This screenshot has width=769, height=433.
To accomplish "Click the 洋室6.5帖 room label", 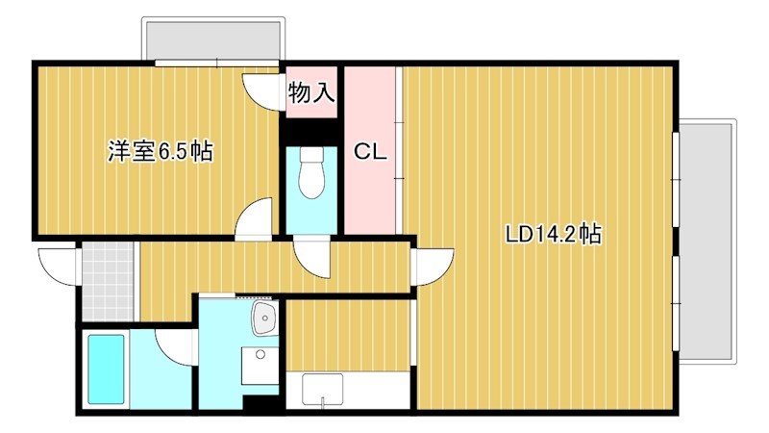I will (160, 151).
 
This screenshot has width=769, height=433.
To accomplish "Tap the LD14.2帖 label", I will (555, 234).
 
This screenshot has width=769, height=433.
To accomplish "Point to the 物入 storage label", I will (311, 93).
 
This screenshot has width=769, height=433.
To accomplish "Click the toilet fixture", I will (311, 174).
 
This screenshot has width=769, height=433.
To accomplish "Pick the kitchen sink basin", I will (323, 390).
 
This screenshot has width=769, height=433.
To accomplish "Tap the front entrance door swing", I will (57, 264).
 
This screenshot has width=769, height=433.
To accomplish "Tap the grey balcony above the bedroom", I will (212, 39).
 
